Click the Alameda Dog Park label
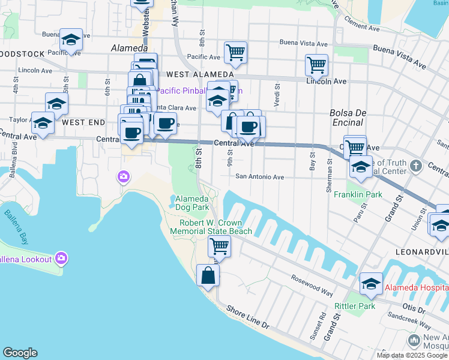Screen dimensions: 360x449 point(191,203)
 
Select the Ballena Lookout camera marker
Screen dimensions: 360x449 point(60,259)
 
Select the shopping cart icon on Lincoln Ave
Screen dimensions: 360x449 point(316,64)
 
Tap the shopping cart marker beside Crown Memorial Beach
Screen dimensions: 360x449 point(219,245)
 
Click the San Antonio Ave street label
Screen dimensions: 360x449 point(259,177)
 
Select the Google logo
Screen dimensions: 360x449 point(20,353)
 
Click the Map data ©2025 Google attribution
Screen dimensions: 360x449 point(412,355)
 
